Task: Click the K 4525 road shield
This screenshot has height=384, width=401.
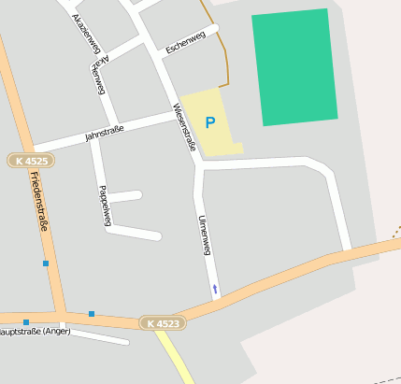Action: pos(31,161)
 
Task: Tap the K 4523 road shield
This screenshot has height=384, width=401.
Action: pos(164,323)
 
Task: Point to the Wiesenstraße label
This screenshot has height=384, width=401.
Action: pos(183,127)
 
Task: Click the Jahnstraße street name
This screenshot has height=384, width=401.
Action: pos(104,132)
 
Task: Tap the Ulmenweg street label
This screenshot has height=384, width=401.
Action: pos(206,235)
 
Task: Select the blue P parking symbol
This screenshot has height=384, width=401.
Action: pos(209,122)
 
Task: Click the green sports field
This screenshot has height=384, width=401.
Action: pos(294,67)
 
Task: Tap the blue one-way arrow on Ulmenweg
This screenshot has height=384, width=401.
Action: pos(216,289)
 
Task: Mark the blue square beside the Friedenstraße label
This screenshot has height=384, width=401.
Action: pos(45,263)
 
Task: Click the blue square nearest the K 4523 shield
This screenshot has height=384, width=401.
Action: pos(92,314)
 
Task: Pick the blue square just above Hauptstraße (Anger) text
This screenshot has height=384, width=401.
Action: pos(26,322)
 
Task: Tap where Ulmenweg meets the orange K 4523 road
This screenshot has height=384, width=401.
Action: pos(217,298)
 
